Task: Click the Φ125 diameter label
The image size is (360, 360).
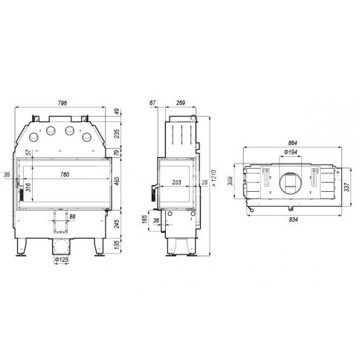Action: tap(61, 260)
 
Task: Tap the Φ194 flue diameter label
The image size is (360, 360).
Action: tap(290, 152)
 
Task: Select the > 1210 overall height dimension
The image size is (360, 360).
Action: tap(214, 179)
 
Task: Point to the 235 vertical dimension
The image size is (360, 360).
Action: tap(118, 133)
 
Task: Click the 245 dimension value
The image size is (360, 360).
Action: tap(118, 223)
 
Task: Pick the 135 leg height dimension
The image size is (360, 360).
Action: tap(118, 245)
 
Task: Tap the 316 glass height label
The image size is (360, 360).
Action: tap(28, 187)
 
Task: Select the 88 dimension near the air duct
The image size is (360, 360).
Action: tap(72, 216)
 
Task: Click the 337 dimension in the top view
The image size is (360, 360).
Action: tap(347, 187)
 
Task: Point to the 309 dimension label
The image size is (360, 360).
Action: tap(231, 181)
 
